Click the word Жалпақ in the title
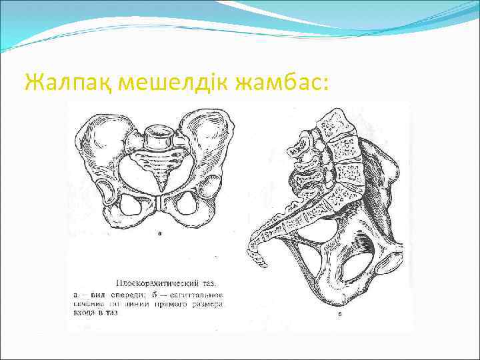coord(61,83)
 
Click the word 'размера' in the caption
coord(211,303)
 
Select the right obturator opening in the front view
coord(188,206)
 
